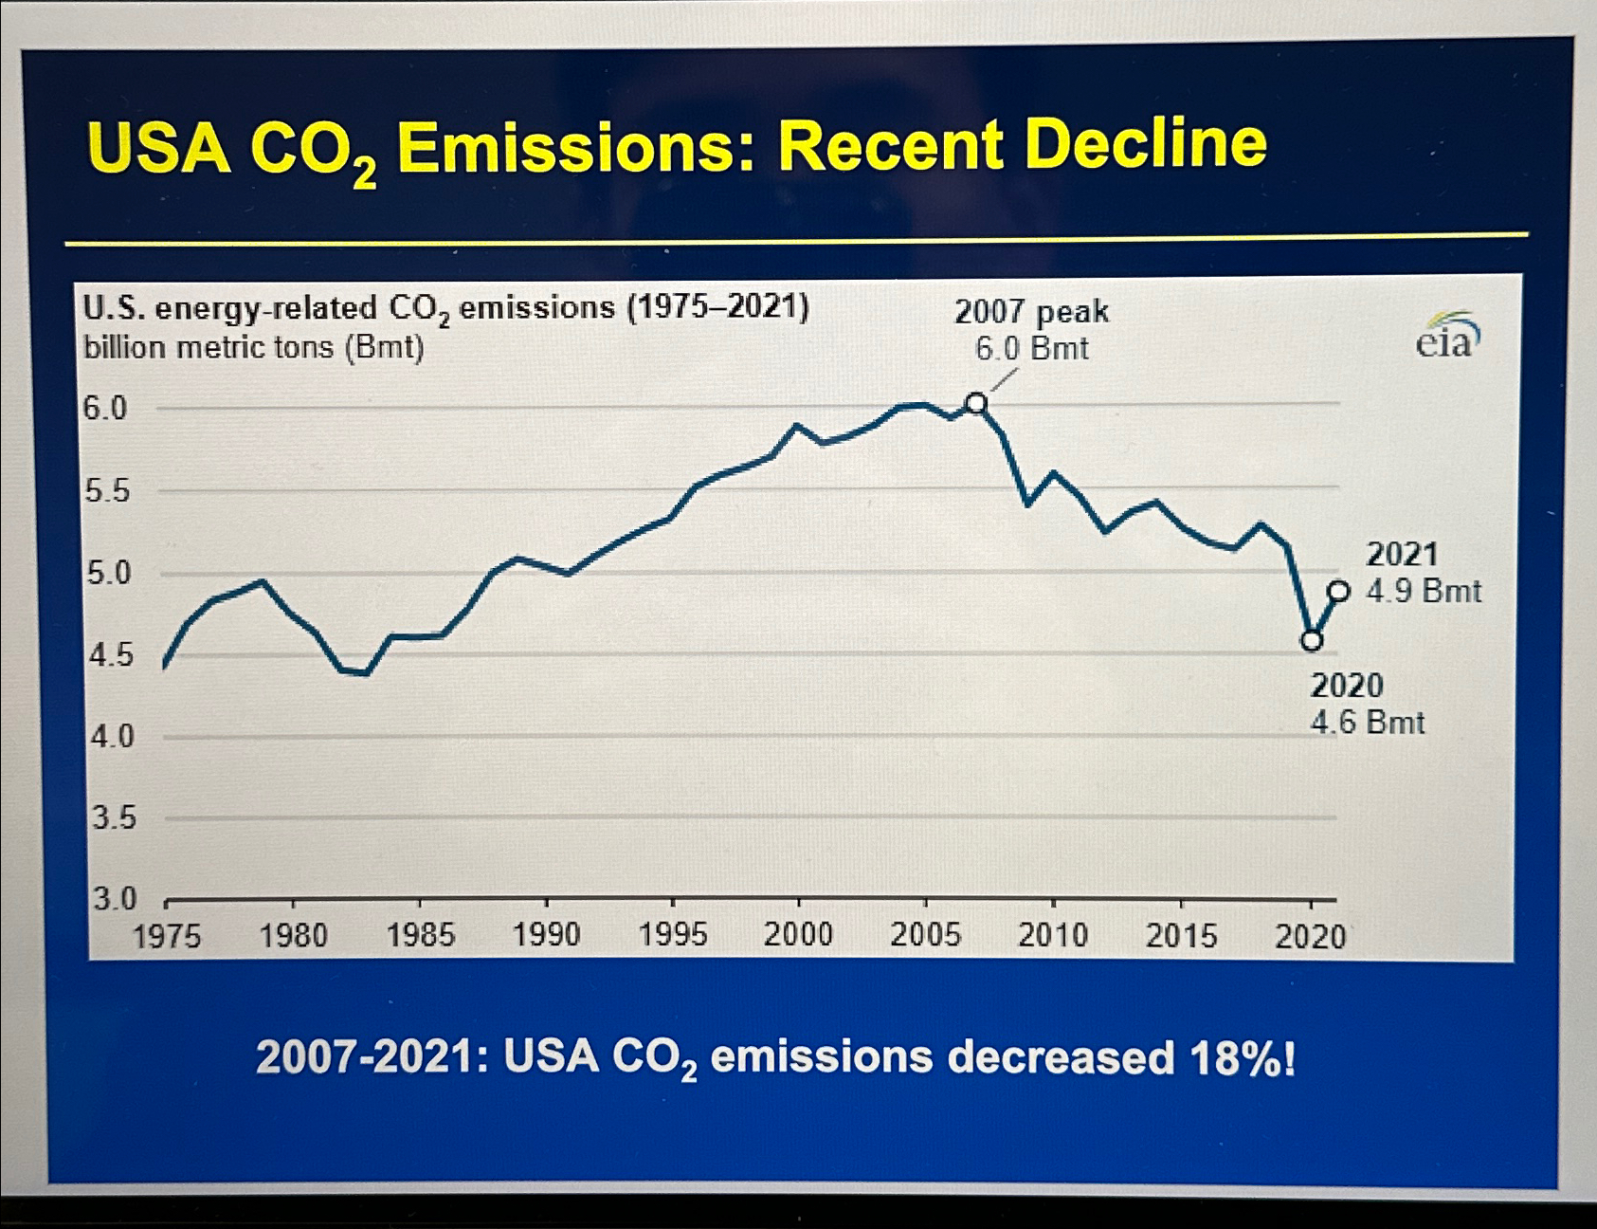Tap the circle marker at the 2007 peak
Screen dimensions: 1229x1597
coord(976,404)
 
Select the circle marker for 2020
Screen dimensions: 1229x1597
coord(1311,640)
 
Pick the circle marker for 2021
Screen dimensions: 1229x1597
coord(1338,592)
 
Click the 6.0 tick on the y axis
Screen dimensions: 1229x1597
coord(104,409)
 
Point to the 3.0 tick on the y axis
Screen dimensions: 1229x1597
coord(114,898)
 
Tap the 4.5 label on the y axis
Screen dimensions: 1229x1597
coord(111,655)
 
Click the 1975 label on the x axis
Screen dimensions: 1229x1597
coord(167,936)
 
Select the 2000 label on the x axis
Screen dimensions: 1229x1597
coord(798,934)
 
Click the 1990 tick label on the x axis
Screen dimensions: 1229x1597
coord(546,934)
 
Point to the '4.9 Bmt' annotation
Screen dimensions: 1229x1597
coord(1424,591)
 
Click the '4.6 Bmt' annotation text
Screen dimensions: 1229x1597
coord(1368,723)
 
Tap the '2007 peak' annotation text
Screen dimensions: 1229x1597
coord(1031,311)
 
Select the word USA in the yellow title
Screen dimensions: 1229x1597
coord(158,149)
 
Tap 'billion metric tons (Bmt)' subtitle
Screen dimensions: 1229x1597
coord(254,348)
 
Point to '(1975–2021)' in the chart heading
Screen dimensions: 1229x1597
coord(718,307)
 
